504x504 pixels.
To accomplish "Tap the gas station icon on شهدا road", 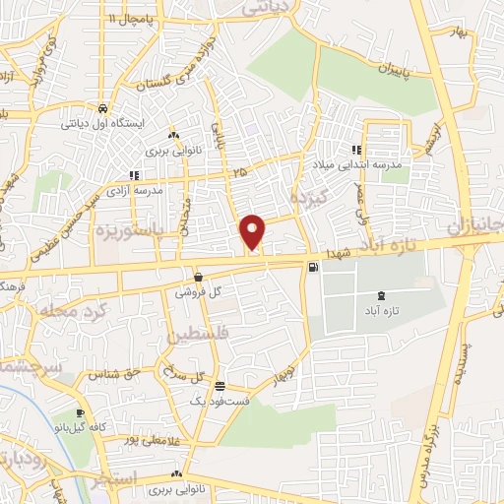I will click(313, 267).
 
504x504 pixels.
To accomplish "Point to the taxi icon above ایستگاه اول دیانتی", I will click(101, 108).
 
